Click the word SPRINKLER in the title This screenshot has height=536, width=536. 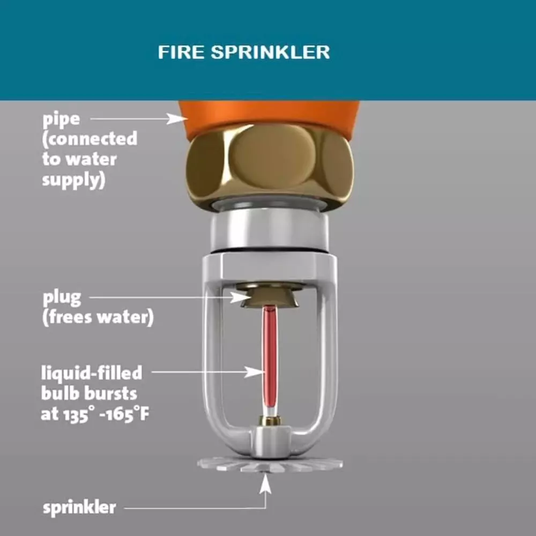click(270, 52)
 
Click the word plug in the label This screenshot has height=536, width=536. click(62, 297)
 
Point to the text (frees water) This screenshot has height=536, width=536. click(98, 317)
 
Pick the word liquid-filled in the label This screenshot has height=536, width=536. click(92, 372)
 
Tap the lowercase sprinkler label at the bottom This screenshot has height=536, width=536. click(79, 507)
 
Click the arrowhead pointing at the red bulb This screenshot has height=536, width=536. click(254, 371)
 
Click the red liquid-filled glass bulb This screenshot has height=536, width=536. click(270, 359)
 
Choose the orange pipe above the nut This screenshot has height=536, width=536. click(270, 114)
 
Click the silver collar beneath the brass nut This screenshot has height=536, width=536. click(270, 230)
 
